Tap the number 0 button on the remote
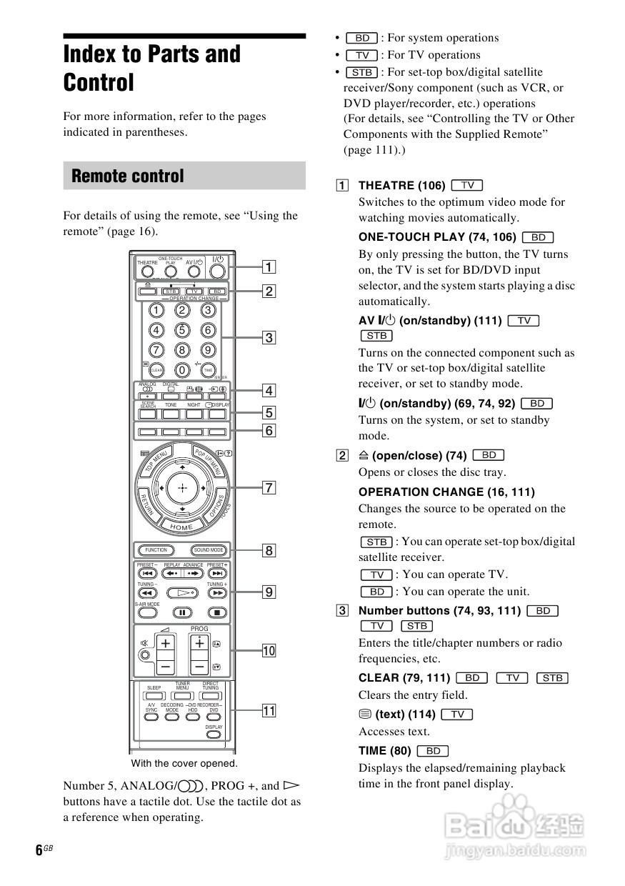(x=182, y=369)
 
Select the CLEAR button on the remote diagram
(x=156, y=369)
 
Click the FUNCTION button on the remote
(x=156, y=550)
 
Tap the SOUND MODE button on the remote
(x=209, y=550)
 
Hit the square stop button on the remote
(x=217, y=612)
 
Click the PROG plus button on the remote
(x=199, y=643)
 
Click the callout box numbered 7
(x=269, y=488)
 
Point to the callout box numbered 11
(x=269, y=710)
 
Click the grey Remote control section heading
(x=184, y=176)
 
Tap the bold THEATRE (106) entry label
(x=401, y=186)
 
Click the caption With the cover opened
(x=184, y=763)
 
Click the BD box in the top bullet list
(x=362, y=38)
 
